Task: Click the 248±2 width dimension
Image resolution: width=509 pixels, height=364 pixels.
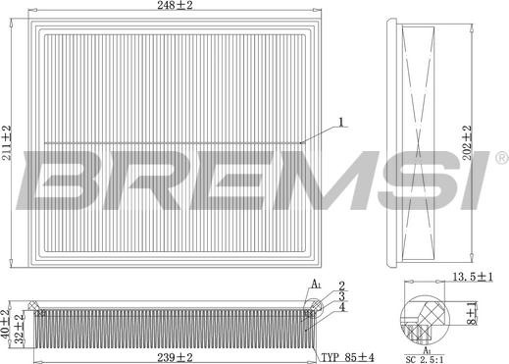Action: tap(175, 5)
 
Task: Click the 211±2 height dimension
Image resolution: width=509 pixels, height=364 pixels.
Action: tap(7, 143)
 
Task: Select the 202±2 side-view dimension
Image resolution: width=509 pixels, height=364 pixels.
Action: tap(468, 142)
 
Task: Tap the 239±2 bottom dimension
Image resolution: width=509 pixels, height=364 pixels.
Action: tap(175, 357)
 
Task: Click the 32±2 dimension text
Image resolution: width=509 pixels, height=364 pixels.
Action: tap(21, 328)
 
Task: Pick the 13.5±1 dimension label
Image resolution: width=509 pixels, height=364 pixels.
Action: tap(473, 277)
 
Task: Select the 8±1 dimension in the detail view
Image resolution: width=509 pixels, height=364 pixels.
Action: tap(472, 313)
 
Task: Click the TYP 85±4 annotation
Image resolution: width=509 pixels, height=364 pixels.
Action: tap(347, 357)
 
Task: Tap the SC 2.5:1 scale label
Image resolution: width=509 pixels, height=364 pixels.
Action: tap(425, 360)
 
